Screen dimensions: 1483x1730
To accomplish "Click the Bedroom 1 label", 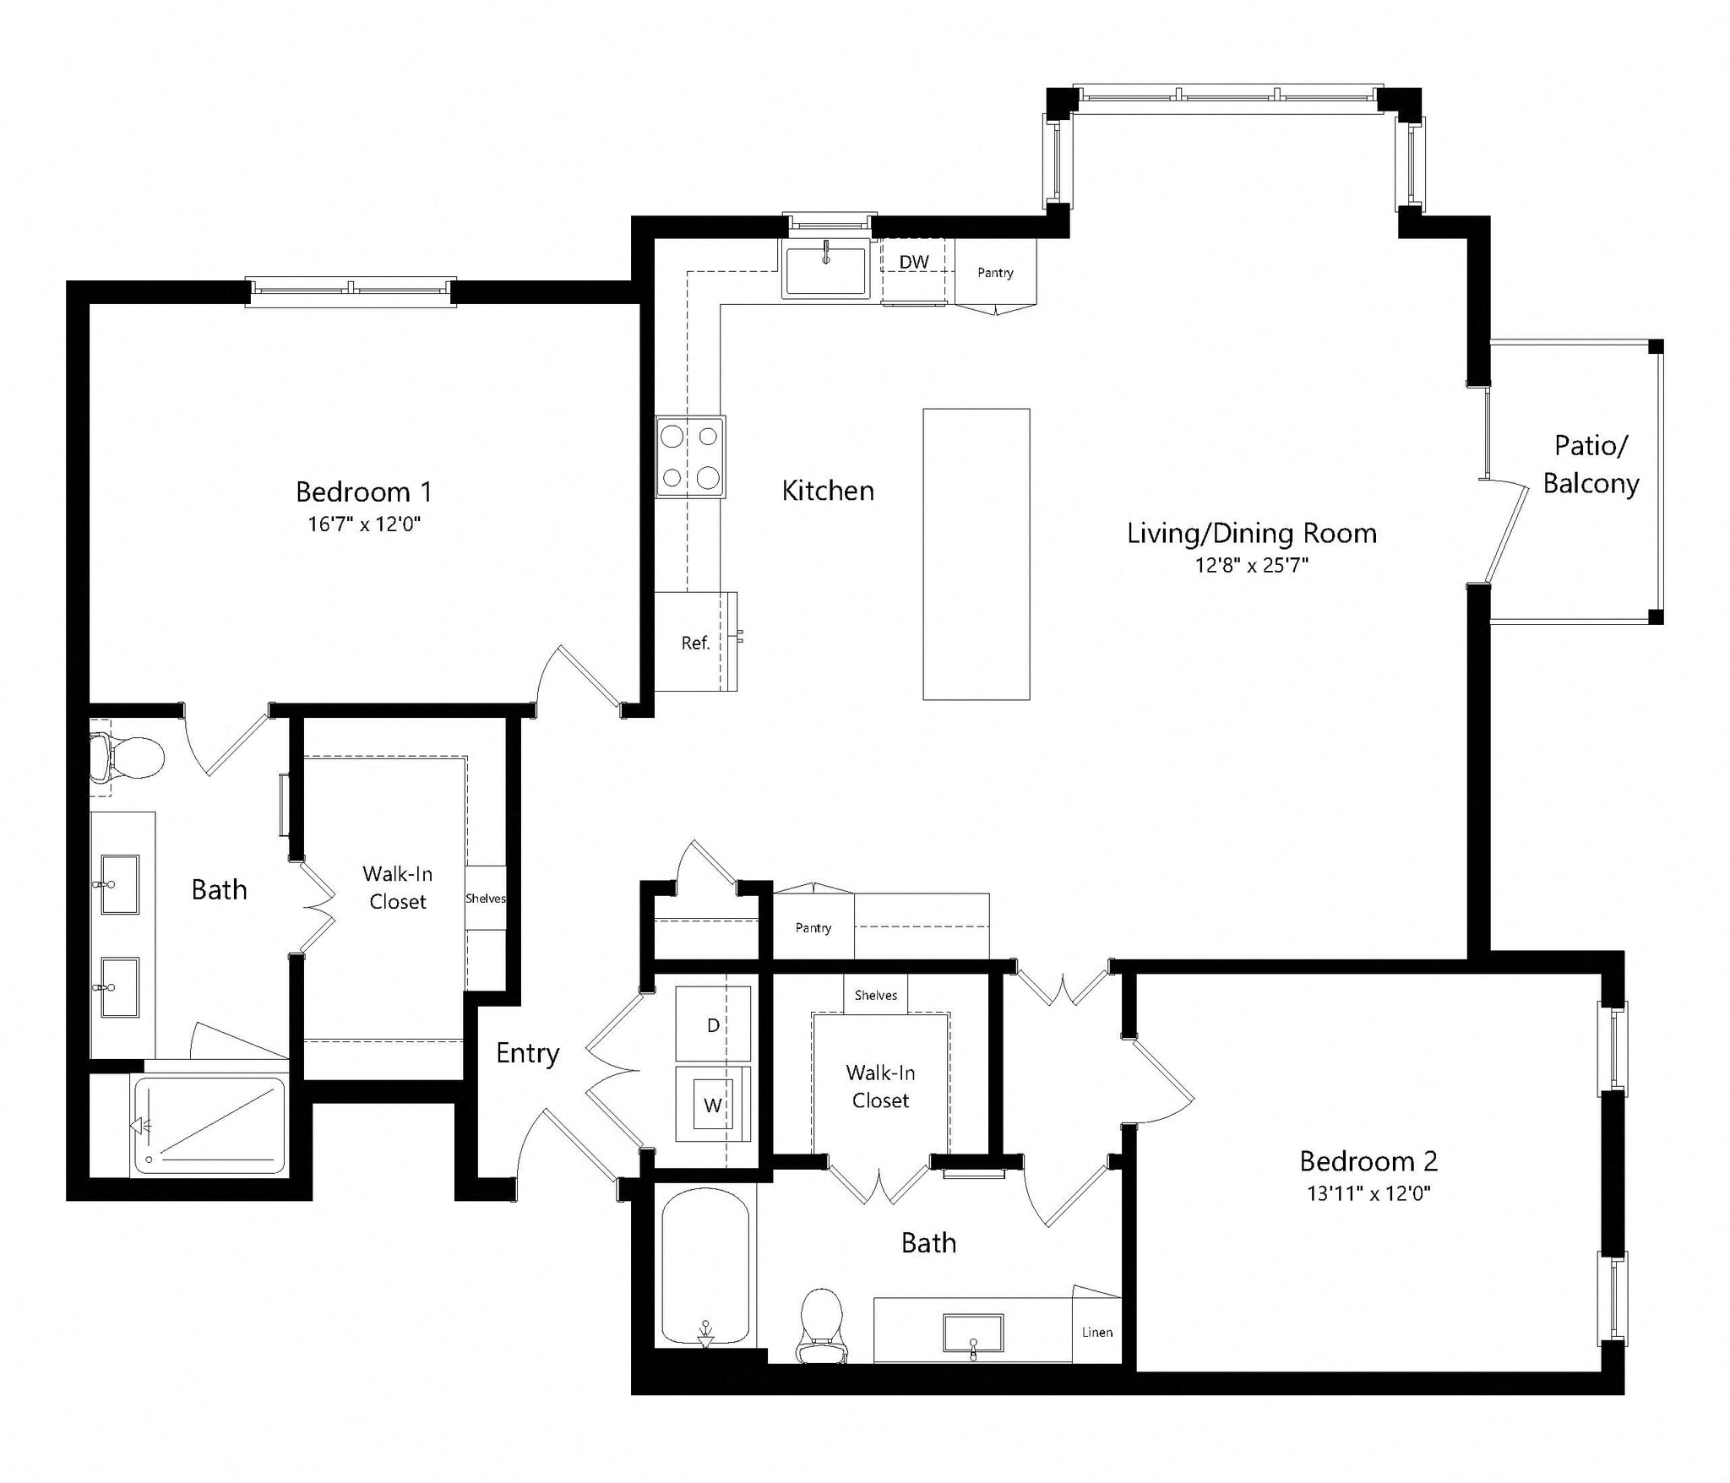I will click(363, 492).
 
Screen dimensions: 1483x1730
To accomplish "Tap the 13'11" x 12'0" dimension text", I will click(1368, 1193).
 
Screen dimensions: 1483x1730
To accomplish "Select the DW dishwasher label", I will click(913, 262).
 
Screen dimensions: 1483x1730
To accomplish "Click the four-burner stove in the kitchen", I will click(690, 457).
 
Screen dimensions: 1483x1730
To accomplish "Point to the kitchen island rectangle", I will click(976, 554).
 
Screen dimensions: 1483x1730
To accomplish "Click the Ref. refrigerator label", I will click(694, 644).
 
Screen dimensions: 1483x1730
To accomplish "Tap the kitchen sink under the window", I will click(826, 269).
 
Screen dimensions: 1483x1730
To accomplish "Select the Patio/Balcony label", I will click(1591, 464).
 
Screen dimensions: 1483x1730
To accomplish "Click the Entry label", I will click(527, 1053).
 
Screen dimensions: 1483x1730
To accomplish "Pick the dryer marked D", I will click(713, 1024).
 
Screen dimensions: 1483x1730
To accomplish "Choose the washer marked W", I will click(713, 1105).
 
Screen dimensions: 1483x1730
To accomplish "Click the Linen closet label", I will click(1096, 1332).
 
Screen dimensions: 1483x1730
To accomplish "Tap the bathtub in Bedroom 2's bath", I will click(705, 1267).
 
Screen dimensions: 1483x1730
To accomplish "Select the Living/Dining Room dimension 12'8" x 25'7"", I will click(1251, 565).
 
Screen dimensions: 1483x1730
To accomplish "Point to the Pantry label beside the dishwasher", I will click(994, 273).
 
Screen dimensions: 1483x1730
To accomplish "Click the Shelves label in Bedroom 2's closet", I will click(875, 995).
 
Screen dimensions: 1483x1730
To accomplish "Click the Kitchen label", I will click(827, 491).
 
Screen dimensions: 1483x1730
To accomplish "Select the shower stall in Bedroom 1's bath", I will click(209, 1125).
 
